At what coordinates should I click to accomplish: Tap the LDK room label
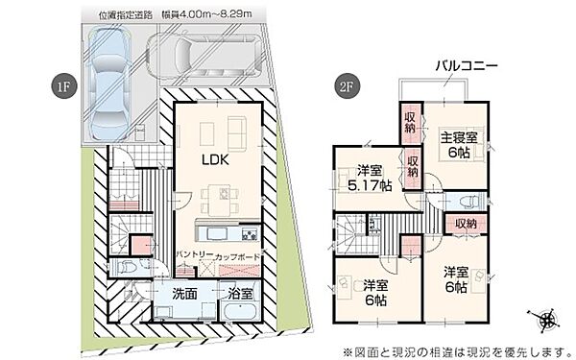[214, 161]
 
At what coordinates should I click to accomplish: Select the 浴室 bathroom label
[240, 294]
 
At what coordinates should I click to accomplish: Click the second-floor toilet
[470, 203]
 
